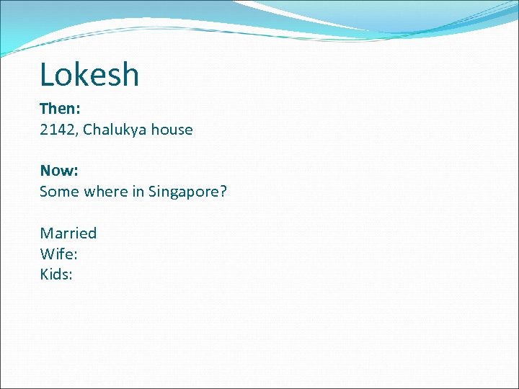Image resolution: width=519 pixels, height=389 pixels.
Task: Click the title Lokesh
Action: click(89, 74)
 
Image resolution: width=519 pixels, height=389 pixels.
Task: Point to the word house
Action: click(172, 130)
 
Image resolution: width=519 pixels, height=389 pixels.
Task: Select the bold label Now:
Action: click(58, 171)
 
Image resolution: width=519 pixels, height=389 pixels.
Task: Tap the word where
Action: click(104, 192)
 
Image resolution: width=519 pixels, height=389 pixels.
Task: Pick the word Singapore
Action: click(183, 192)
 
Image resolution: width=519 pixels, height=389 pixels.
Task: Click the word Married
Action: click(68, 233)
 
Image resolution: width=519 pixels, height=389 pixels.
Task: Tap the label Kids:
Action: click(56, 274)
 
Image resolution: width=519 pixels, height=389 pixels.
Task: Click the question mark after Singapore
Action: click(223, 192)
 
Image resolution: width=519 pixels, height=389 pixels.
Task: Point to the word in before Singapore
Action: click(137, 192)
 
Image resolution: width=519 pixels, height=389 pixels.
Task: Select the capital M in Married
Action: click(46, 233)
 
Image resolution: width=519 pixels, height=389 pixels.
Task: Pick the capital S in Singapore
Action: click(152, 192)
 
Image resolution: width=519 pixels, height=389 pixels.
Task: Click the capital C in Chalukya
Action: click(87, 130)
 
